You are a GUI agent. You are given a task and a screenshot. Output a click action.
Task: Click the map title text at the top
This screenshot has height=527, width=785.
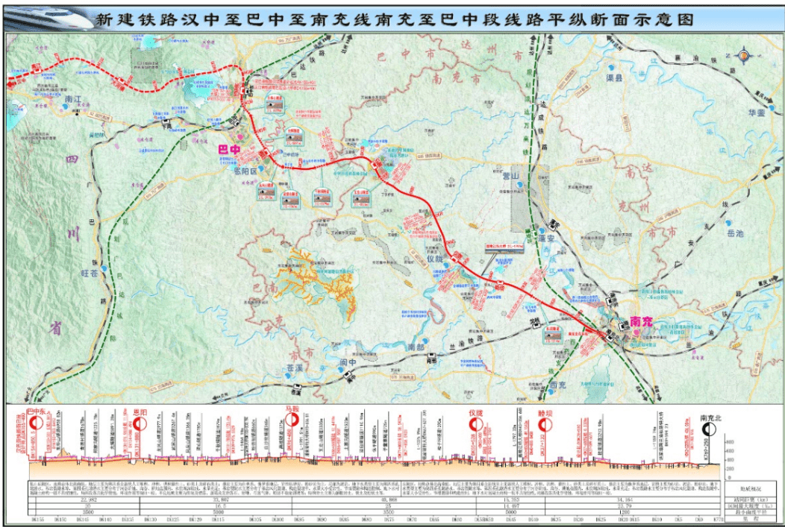tap(403, 19)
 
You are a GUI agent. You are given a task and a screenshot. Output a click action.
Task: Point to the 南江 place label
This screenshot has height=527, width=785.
tap(72, 99)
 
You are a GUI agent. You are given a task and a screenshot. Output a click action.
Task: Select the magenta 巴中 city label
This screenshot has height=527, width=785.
tap(228, 150)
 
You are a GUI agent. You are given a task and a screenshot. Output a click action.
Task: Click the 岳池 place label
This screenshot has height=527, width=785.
tap(735, 233)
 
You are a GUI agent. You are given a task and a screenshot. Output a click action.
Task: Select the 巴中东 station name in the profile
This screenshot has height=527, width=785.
tap(36, 411)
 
